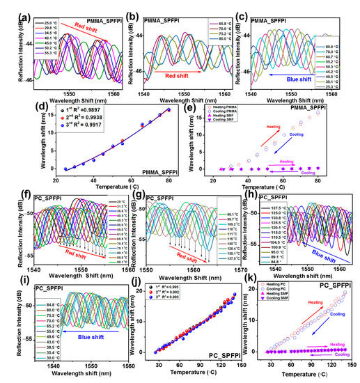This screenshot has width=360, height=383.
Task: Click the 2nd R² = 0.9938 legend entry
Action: click(x=77, y=119)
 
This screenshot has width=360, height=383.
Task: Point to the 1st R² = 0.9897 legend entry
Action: click(x=77, y=111)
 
